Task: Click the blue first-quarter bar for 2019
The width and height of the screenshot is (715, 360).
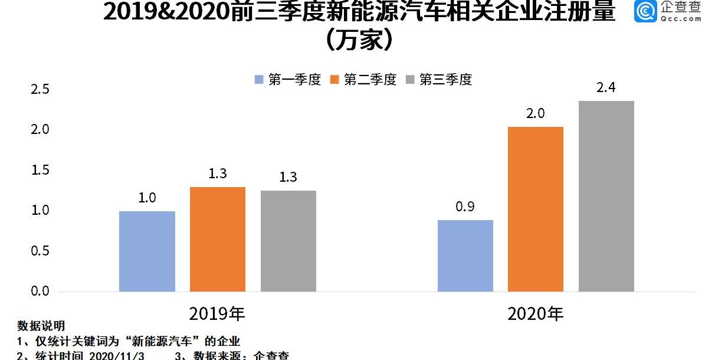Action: [x=147, y=251]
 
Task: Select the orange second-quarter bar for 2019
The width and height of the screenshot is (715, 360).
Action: [x=218, y=239]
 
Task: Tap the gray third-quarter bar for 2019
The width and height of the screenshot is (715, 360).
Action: [x=288, y=241]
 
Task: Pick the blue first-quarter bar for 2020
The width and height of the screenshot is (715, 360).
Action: [x=465, y=256]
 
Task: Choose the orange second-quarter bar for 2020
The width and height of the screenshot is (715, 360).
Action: [x=535, y=209]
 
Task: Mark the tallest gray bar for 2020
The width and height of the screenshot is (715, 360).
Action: [x=606, y=196]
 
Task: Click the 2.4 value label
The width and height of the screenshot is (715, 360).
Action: [x=606, y=88]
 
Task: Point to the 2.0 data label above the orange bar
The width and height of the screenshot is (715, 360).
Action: [x=535, y=113]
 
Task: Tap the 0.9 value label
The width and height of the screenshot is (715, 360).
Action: [x=465, y=207]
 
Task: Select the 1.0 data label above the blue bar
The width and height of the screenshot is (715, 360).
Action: [x=147, y=198]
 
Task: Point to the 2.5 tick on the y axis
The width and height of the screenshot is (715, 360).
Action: [x=40, y=90]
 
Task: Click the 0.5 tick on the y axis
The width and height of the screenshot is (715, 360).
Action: [x=40, y=251]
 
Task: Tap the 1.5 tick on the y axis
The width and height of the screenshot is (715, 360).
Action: [x=40, y=171]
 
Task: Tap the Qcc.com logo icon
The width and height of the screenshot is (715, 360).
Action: [x=645, y=11]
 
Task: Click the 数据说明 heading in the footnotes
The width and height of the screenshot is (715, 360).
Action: [x=41, y=326]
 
